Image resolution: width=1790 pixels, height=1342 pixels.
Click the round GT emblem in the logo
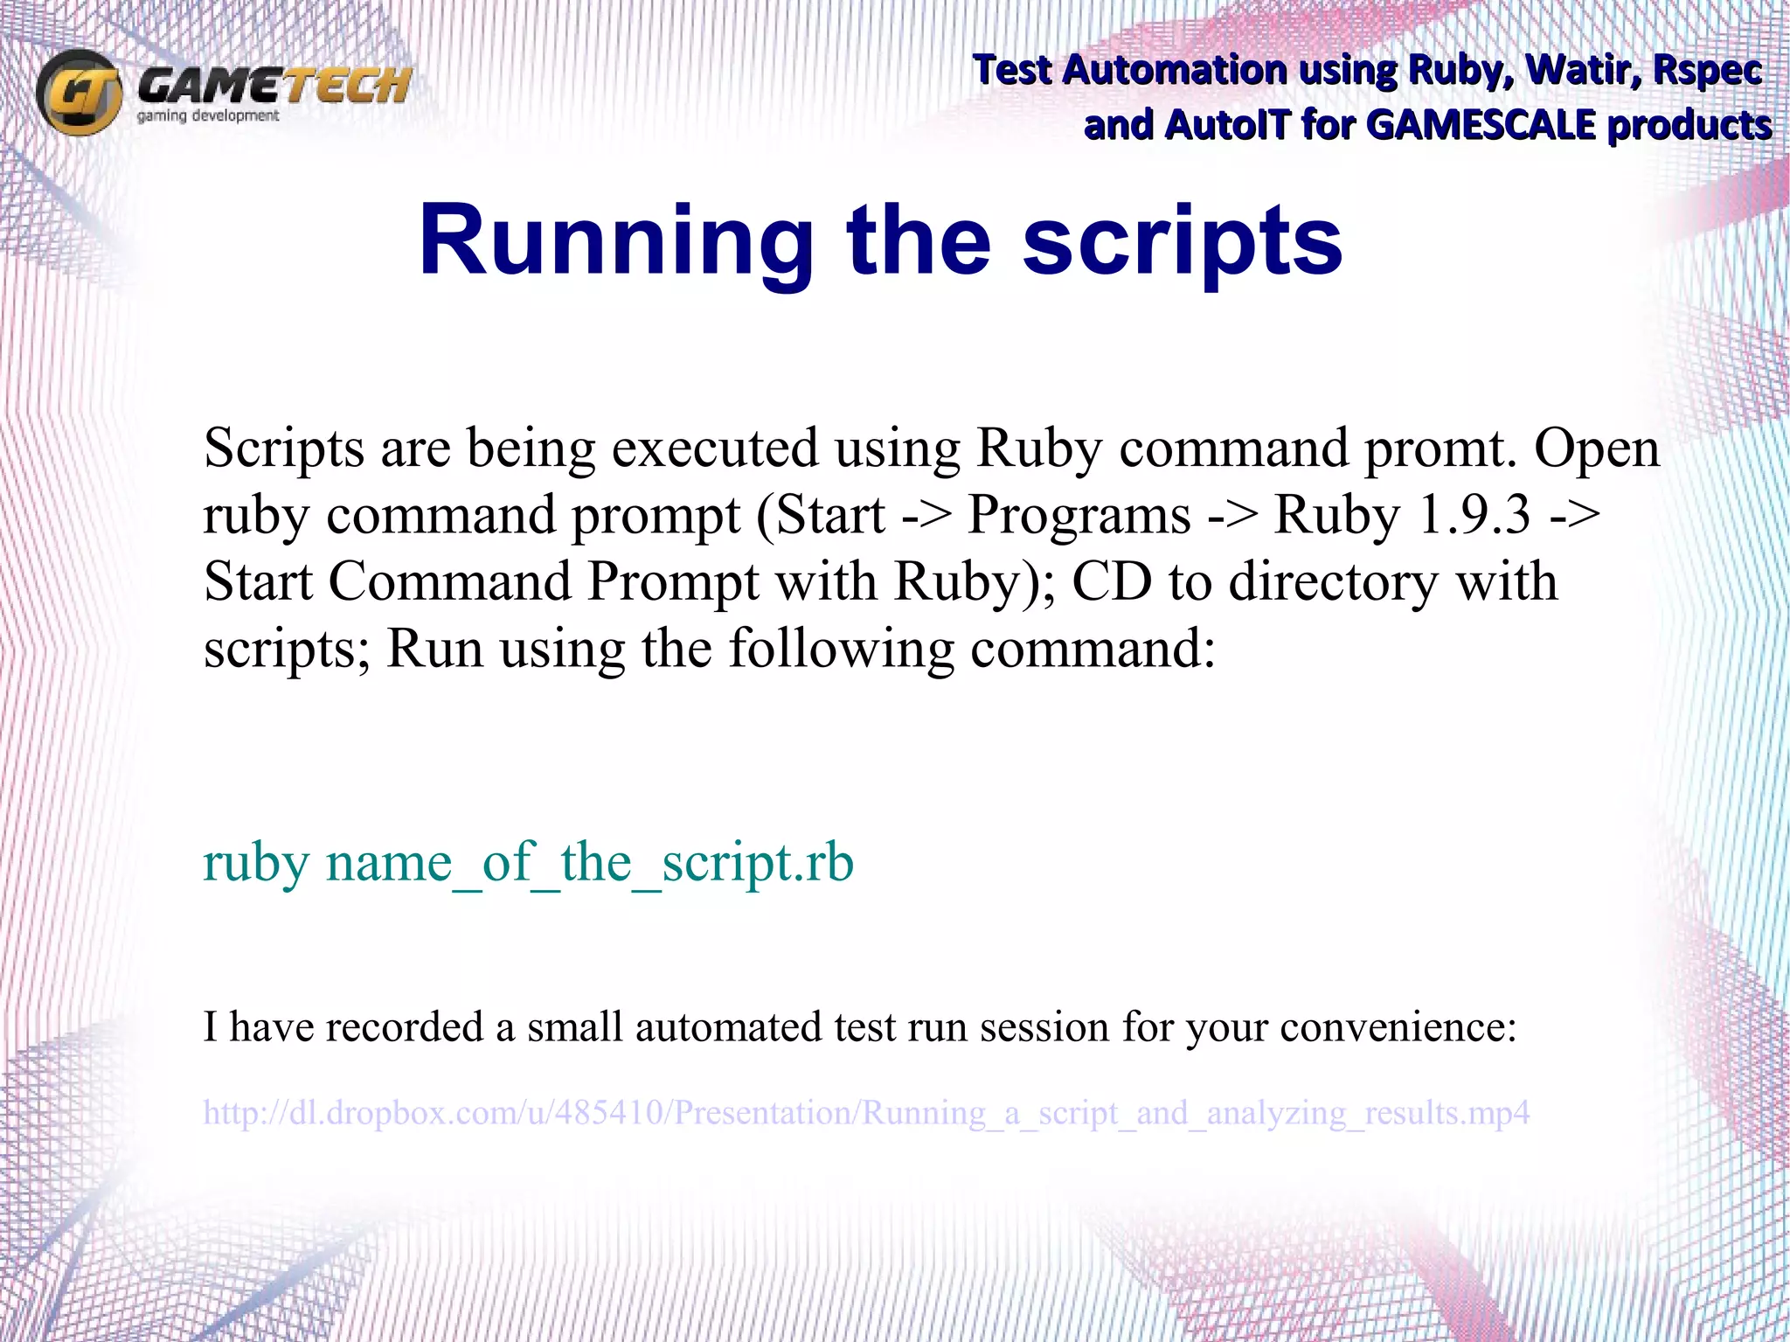pos(80,92)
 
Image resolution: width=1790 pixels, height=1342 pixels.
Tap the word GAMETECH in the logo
pos(274,87)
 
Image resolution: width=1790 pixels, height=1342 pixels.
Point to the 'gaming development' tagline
pos(208,116)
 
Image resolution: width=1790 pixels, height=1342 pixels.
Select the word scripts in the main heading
pos(1183,240)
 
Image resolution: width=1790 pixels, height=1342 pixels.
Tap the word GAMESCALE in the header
pos(1481,125)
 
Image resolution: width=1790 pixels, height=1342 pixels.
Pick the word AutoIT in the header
pos(1227,125)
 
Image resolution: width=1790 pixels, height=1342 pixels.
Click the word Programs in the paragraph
pos(1079,515)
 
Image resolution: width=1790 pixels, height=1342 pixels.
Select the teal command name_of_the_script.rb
pos(590,863)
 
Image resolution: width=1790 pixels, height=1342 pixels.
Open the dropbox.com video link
pos(866,1113)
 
